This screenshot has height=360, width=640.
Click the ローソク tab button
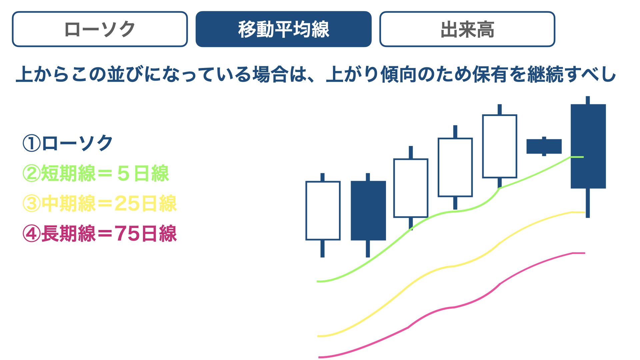[100, 29]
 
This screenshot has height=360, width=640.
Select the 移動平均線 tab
[284, 29]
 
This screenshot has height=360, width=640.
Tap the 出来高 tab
[467, 29]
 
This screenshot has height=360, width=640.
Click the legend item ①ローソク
[68, 143]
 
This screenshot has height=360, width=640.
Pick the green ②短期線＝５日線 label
[96, 173]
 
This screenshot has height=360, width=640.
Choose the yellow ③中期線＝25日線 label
[100, 203]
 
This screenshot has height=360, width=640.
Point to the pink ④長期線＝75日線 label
[100, 233]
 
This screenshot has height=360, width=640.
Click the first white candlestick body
[323, 211]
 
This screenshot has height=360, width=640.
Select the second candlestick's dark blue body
[368, 211]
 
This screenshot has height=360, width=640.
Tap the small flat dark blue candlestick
[544, 146]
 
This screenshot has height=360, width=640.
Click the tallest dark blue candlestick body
[588, 146]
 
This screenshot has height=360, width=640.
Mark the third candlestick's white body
[411, 188]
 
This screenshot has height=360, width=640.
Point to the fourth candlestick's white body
[455, 167]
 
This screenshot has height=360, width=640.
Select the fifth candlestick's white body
[500, 146]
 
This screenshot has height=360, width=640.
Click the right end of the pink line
[585, 253]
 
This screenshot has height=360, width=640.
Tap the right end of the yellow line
[585, 212]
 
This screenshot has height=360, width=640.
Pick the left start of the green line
[317, 282]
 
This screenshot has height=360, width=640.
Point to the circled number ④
[31, 233]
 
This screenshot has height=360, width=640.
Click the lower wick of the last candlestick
[588, 203]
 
